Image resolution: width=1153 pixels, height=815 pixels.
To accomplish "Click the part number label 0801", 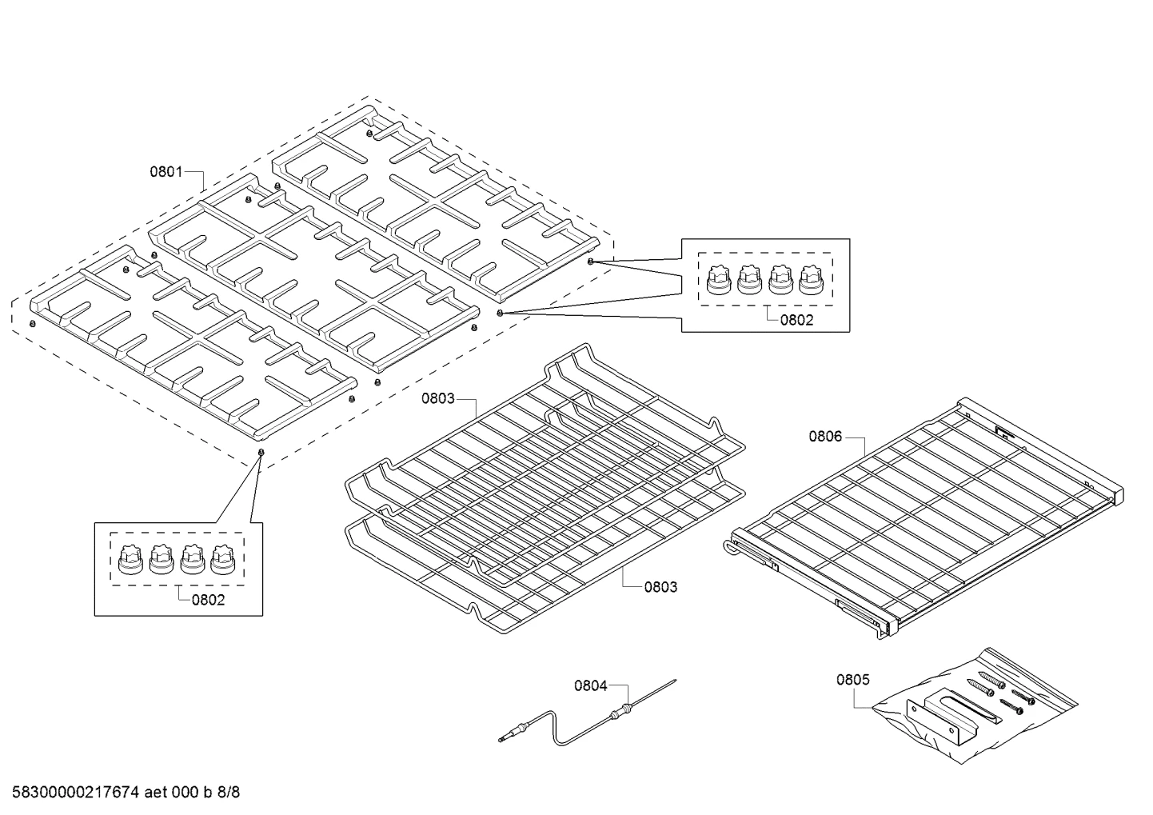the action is [x=166, y=171].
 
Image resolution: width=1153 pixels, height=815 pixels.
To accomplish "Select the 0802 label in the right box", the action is [x=796, y=320].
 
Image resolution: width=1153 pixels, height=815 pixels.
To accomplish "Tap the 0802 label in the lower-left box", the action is [x=208, y=600].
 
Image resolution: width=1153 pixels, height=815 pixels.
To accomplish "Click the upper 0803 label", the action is [x=438, y=398].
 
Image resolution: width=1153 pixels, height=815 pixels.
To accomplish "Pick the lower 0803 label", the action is [x=661, y=587].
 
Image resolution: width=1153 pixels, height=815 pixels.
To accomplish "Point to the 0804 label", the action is [x=591, y=685].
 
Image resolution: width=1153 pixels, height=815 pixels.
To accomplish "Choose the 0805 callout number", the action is [x=853, y=680].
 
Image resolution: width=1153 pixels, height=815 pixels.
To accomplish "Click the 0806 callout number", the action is [x=825, y=437].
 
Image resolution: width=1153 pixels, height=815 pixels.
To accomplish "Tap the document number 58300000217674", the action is [x=75, y=793].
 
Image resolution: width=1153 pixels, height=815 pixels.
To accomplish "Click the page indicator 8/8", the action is [x=229, y=793].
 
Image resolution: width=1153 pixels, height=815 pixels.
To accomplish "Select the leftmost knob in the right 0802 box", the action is [x=719, y=280].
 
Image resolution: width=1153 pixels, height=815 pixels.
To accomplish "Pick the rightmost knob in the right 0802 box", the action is [x=812, y=280].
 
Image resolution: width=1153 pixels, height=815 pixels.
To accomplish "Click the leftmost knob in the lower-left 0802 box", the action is [x=131, y=560].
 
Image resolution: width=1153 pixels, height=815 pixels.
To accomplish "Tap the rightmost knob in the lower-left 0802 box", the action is [x=223, y=560].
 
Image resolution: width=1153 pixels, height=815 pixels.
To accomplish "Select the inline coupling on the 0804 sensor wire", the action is [x=620, y=712].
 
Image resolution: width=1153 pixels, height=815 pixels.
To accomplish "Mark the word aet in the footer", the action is [x=155, y=793].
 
